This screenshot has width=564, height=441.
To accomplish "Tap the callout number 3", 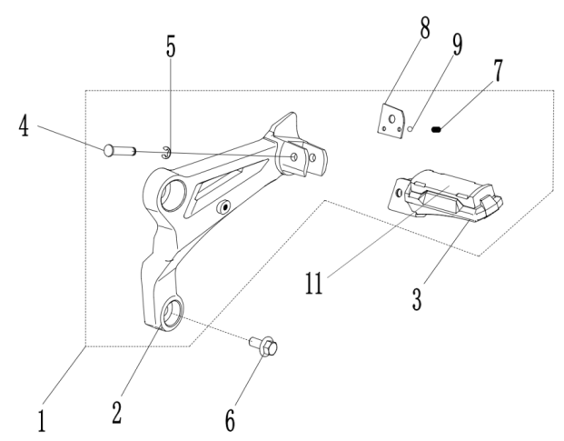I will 416,299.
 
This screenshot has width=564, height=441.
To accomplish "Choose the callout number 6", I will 230,419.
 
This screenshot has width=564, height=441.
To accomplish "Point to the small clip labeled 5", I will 165,151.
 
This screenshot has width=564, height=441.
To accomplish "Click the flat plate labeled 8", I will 391,120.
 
